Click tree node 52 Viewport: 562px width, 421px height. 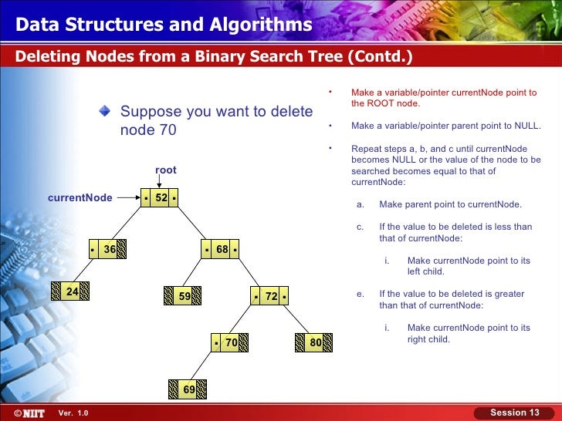(x=161, y=198)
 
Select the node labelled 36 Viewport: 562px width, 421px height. (x=107, y=250)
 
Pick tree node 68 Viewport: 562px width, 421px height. (x=222, y=250)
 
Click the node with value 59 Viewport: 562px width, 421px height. (x=184, y=296)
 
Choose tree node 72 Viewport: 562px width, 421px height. (x=270, y=296)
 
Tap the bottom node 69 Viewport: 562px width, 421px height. (x=188, y=389)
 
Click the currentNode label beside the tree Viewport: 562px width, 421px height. (x=80, y=198)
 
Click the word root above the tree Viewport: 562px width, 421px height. (x=166, y=170)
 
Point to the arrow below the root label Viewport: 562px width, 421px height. (x=166, y=182)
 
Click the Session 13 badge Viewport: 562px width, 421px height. (x=514, y=413)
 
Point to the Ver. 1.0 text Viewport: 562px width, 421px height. (x=73, y=413)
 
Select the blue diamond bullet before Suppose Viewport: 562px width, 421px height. (x=105, y=110)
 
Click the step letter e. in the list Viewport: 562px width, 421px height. (x=360, y=294)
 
